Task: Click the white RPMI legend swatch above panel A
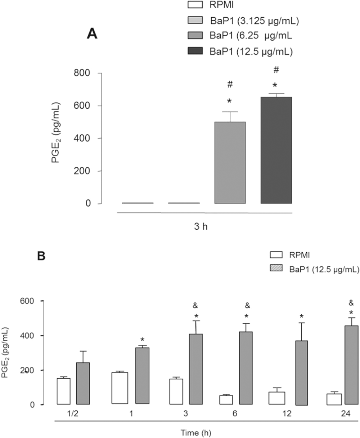pyautogui.click(x=197, y=5)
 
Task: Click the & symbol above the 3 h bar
pyautogui.click(x=195, y=306)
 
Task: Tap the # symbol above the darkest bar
pyautogui.click(x=276, y=69)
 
